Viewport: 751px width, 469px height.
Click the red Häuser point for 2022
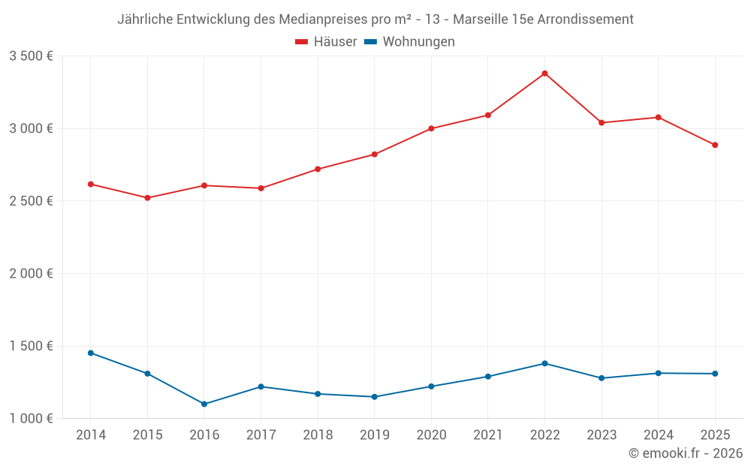pyautogui.click(x=544, y=74)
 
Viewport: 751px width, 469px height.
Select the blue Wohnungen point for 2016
pyautogui.click(x=204, y=404)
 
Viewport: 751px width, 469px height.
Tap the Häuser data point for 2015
pyautogui.click(x=147, y=197)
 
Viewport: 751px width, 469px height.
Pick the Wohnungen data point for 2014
pyautogui.click(x=91, y=353)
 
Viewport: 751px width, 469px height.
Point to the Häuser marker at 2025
pyautogui.click(x=715, y=145)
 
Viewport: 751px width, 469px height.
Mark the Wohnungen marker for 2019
pyautogui.click(x=375, y=397)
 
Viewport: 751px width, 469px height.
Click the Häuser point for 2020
pyautogui.click(x=431, y=128)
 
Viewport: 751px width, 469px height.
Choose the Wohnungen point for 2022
pyautogui.click(x=544, y=363)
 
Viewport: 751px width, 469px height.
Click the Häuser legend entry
pyautogui.click(x=326, y=42)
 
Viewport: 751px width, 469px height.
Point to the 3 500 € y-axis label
pyautogui.click(x=31, y=56)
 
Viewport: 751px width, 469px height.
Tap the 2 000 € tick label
pyautogui.click(x=31, y=274)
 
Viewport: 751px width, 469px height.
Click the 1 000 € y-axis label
pyautogui.click(x=31, y=419)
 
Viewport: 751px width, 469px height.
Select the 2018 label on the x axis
pyautogui.click(x=318, y=435)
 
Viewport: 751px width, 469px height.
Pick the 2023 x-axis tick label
pyautogui.click(x=602, y=435)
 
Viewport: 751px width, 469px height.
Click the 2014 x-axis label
pyautogui.click(x=91, y=435)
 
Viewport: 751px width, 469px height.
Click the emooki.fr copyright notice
pyautogui.click(x=685, y=453)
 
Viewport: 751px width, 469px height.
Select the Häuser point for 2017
pyautogui.click(x=261, y=188)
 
